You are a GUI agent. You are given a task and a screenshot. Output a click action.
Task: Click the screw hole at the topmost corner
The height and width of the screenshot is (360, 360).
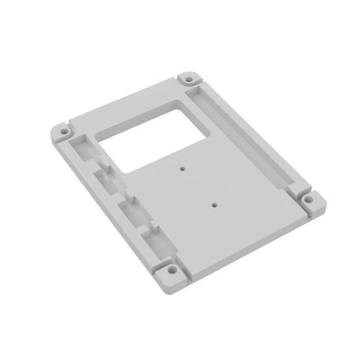[x=188, y=79]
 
